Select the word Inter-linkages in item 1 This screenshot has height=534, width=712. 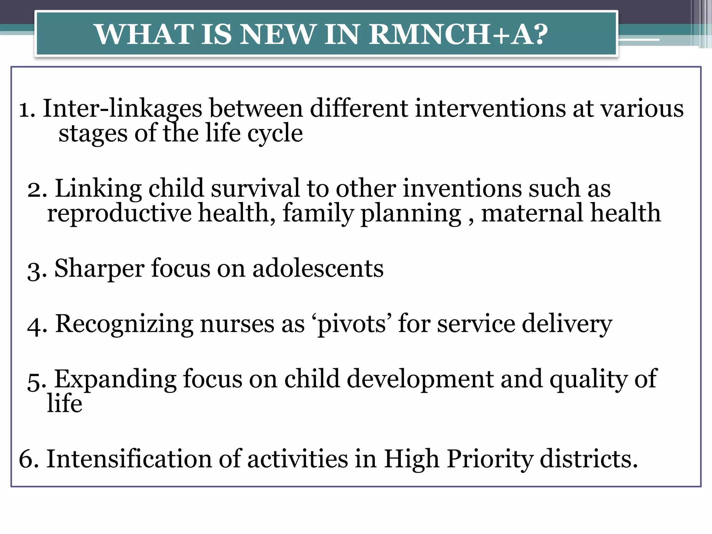tap(122, 108)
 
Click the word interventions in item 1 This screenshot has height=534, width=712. tap(490, 108)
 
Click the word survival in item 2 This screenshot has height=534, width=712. tap(255, 188)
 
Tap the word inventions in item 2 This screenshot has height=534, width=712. tap(462, 188)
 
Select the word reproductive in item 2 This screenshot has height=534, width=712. tap(119, 213)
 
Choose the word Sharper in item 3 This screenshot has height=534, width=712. tap(99, 269)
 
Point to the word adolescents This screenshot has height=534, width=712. tap(318, 269)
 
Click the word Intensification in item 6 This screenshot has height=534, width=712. tap(129, 459)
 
